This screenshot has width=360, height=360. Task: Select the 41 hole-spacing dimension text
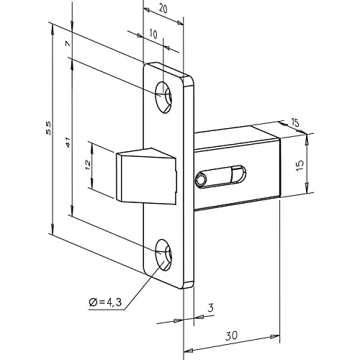[x=67, y=143]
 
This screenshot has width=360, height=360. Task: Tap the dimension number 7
[x=67, y=45]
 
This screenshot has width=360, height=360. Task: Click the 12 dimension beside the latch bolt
[x=87, y=165]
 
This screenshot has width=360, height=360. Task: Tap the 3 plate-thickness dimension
[x=211, y=308]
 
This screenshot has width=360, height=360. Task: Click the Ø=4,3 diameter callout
[x=102, y=302]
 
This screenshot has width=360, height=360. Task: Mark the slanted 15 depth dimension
[x=295, y=123]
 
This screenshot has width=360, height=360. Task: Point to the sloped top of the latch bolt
[x=145, y=153]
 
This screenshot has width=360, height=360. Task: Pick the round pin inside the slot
[x=202, y=177]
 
